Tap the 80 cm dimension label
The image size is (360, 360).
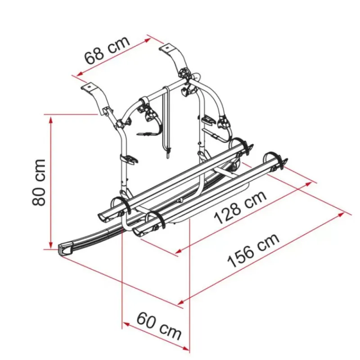[39, 182]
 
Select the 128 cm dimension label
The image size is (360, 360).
[240, 208]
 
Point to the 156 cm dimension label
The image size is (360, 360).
[253, 251]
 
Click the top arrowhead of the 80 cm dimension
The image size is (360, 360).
[51, 120]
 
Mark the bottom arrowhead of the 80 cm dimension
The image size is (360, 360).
[51, 244]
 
